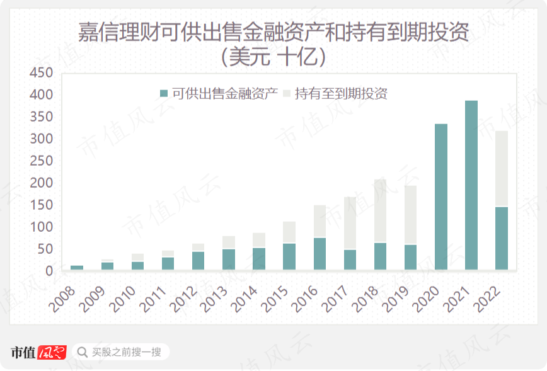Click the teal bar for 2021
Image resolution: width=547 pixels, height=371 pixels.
(x=471, y=185)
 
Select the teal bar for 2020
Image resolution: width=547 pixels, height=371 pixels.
(x=441, y=197)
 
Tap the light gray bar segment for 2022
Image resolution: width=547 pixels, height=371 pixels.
(x=502, y=168)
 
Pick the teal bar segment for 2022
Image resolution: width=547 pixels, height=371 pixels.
(x=502, y=238)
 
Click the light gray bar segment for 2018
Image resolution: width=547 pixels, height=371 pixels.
(x=380, y=211)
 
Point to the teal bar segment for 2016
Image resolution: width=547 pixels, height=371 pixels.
(x=320, y=254)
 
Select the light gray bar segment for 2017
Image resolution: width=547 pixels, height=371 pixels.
(x=350, y=223)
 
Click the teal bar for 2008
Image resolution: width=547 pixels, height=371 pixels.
(x=77, y=268)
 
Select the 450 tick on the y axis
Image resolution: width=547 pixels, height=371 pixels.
(x=42, y=73)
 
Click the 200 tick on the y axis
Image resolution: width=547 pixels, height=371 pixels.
(x=42, y=183)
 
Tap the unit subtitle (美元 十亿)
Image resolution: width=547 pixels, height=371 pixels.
(x=273, y=57)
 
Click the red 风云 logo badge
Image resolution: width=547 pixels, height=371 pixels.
(x=52, y=352)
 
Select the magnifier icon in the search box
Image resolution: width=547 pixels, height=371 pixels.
(x=82, y=351)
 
